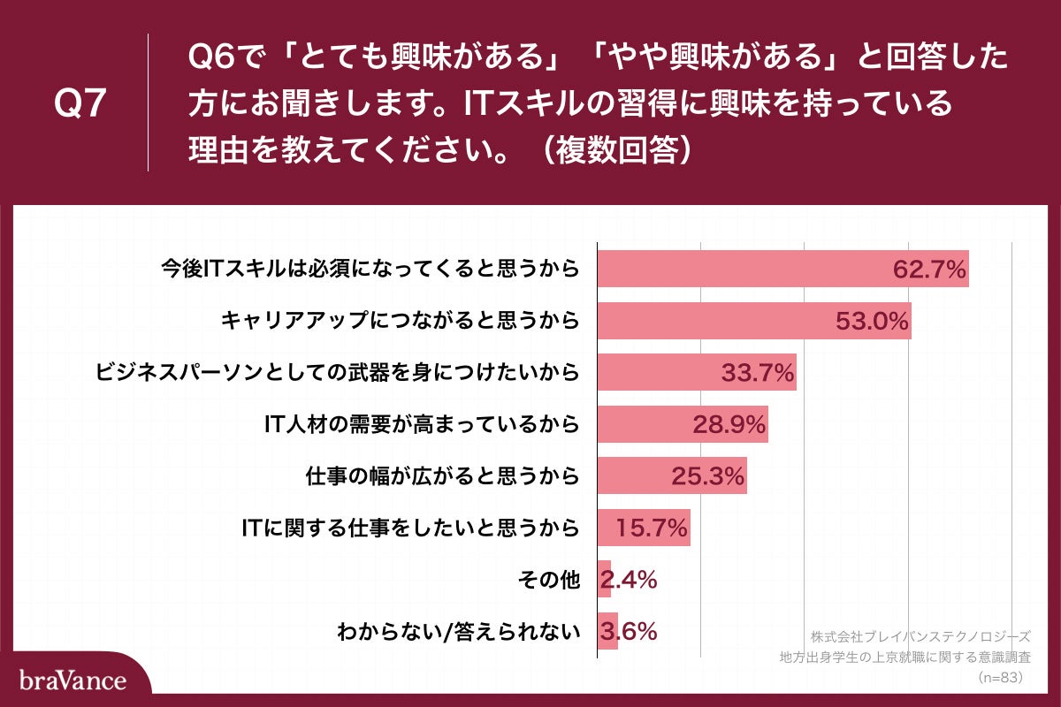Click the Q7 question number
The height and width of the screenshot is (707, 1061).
(x=80, y=104)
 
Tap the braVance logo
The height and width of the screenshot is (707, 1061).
(x=73, y=680)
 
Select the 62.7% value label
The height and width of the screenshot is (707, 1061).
(x=928, y=270)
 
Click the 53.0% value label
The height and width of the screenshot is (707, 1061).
(x=873, y=321)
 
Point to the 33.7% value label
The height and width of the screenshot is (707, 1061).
(x=758, y=373)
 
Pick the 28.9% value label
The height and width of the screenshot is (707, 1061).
(x=729, y=425)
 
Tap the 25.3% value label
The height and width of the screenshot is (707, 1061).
(x=708, y=477)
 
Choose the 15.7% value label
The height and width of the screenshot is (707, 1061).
(x=652, y=528)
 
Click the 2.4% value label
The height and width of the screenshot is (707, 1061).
(x=629, y=581)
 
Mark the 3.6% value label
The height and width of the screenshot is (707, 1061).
(x=629, y=632)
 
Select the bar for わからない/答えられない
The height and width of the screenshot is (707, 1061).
(x=607, y=632)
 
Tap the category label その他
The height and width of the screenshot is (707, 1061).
(x=548, y=581)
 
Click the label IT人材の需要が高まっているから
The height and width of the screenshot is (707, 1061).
(x=423, y=425)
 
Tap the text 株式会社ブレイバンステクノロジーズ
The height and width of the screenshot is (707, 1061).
(x=920, y=636)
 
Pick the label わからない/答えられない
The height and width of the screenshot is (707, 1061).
(x=459, y=632)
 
